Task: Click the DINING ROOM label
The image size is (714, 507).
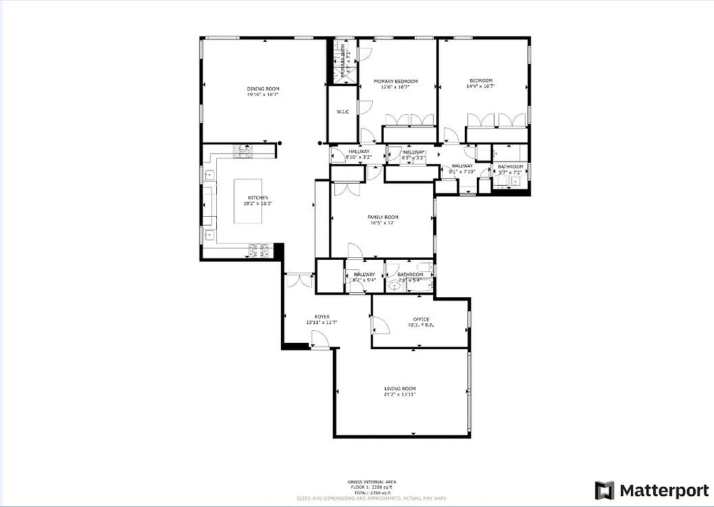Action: pyautogui.click(x=263, y=89)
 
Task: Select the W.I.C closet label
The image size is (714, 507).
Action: pyautogui.click(x=342, y=112)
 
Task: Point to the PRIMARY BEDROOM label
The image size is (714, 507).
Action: pyautogui.click(x=396, y=81)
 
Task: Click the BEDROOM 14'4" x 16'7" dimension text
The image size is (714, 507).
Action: pyautogui.click(x=481, y=86)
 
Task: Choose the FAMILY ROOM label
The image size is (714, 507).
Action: pyautogui.click(x=383, y=217)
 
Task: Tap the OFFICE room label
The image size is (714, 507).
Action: pyautogui.click(x=421, y=319)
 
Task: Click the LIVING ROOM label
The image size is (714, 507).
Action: pyautogui.click(x=400, y=388)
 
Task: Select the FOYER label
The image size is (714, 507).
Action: pyautogui.click(x=322, y=317)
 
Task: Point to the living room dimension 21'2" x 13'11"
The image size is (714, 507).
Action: pyautogui.click(x=400, y=394)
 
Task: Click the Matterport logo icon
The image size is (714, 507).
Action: pyautogui.click(x=604, y=491)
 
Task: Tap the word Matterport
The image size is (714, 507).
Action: pyautogui.click(x=664, y=491)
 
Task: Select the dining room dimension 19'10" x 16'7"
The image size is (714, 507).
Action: pyautogui.click(x=263, y=94)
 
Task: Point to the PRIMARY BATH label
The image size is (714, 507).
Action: pyautogui.click(x=344, y=65)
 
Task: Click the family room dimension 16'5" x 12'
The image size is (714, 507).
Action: pyautogui.click(x=383, y=223)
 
